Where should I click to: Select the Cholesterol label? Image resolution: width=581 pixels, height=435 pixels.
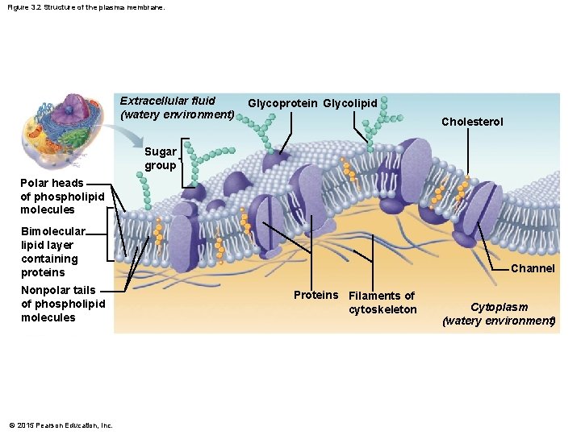(472, 122)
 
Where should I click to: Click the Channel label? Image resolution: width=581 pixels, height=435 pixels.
(533, 268)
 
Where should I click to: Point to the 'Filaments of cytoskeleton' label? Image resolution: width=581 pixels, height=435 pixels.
(382, 303)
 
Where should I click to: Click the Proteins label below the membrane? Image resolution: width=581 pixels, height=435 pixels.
(316, 295)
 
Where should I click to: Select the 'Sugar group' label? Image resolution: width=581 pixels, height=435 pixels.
(160, 159)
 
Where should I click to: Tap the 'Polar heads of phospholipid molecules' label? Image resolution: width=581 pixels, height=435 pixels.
(62, 197)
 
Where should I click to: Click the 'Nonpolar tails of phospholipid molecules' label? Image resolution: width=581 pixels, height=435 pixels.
(63, 304)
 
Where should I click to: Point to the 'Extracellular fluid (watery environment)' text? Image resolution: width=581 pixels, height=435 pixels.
(177, 107)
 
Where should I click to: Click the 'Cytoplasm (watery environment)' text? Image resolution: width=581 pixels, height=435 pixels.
(499, 314)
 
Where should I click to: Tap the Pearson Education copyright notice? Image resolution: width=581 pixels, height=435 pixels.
(61, 425)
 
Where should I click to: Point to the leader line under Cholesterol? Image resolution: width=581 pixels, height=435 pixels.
(469, 153)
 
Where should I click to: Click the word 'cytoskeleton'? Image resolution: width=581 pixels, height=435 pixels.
(382, 310)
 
